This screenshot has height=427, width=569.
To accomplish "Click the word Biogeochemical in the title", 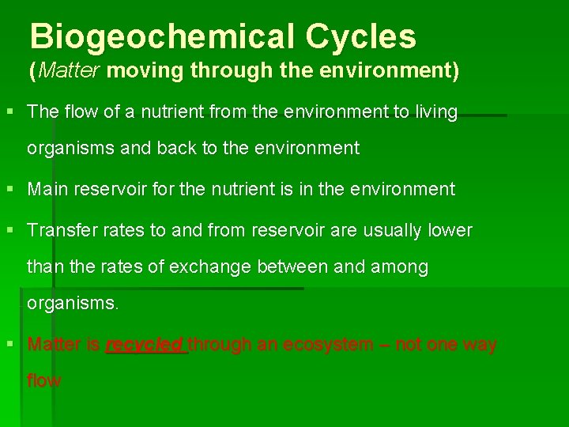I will [x=161, y=36].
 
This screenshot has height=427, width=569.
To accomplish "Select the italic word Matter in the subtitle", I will [x=69, y=71].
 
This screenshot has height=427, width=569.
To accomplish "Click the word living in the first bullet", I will [x=436, y=112].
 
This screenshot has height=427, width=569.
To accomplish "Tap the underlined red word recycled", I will [x=145, y=345].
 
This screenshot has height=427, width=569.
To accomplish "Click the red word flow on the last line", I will [x=43, y=380].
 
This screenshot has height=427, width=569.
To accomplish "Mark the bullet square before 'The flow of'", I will [x=10, y=112].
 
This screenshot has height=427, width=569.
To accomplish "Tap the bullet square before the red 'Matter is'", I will [x=10, y=345].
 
